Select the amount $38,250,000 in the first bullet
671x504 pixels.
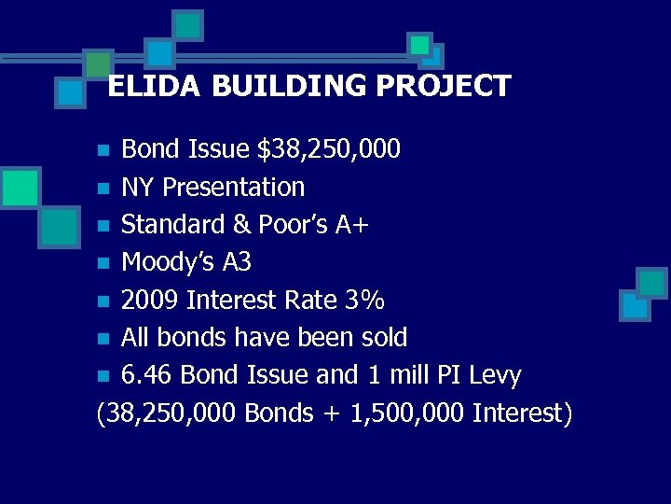[x=330, y=148]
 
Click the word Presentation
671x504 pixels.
[x=233, y=187]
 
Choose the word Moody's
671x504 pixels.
[x=168, y=262]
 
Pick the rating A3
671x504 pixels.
[x=237, y=262]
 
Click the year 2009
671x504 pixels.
[x=151, y=300]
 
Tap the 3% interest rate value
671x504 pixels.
[x=364, y=300]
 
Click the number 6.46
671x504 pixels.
[x=148, y=375]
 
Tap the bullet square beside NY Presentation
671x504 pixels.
[x=106, y=189]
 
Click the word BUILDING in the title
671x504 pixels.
[x=294, y=86]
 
